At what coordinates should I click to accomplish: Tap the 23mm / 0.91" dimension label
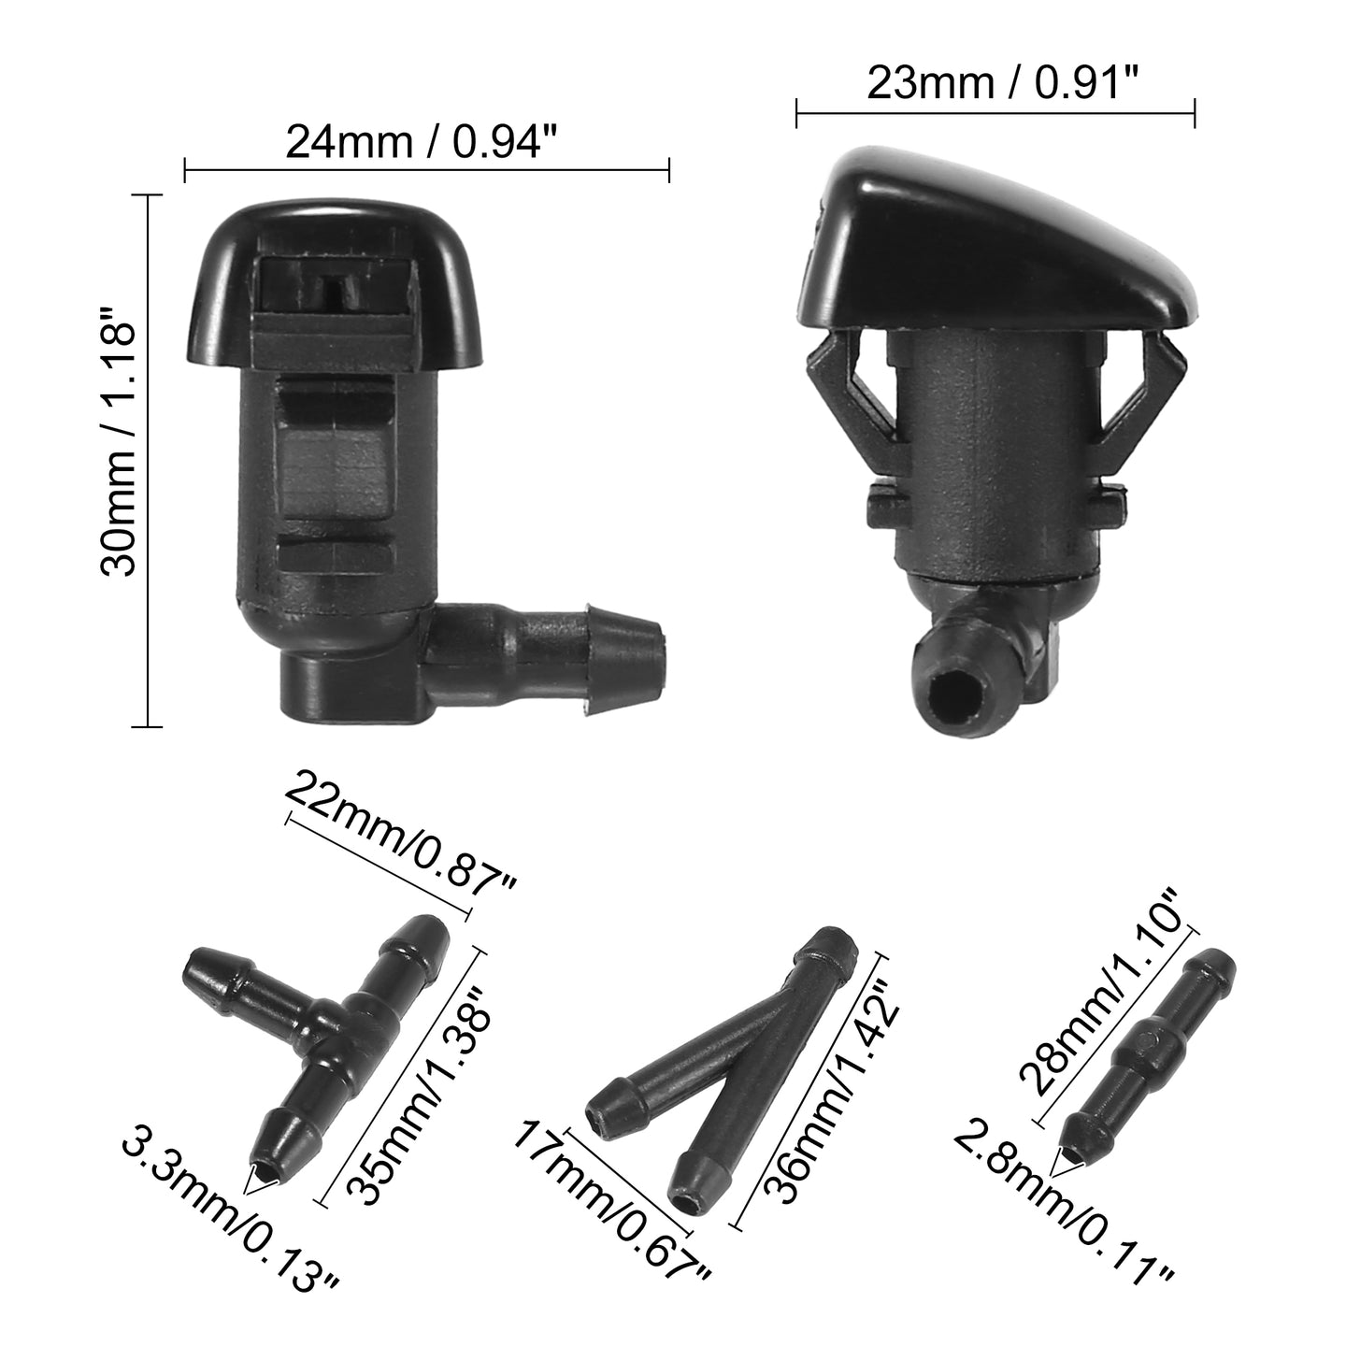click(1002, 84)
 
